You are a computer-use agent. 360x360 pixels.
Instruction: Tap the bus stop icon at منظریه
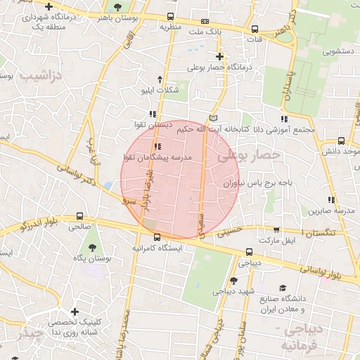171,17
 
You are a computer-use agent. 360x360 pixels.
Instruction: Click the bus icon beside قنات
255,30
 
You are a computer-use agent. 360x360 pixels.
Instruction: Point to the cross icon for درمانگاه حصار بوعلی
220,56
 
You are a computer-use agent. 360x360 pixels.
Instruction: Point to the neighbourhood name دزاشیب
41,74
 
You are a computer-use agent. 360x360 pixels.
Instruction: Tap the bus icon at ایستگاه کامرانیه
157,237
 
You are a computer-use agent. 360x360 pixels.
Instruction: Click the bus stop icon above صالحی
79,216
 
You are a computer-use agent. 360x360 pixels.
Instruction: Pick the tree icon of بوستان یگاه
93,247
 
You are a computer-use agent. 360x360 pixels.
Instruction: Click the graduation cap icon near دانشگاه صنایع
283,288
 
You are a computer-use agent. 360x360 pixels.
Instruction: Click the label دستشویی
337,51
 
